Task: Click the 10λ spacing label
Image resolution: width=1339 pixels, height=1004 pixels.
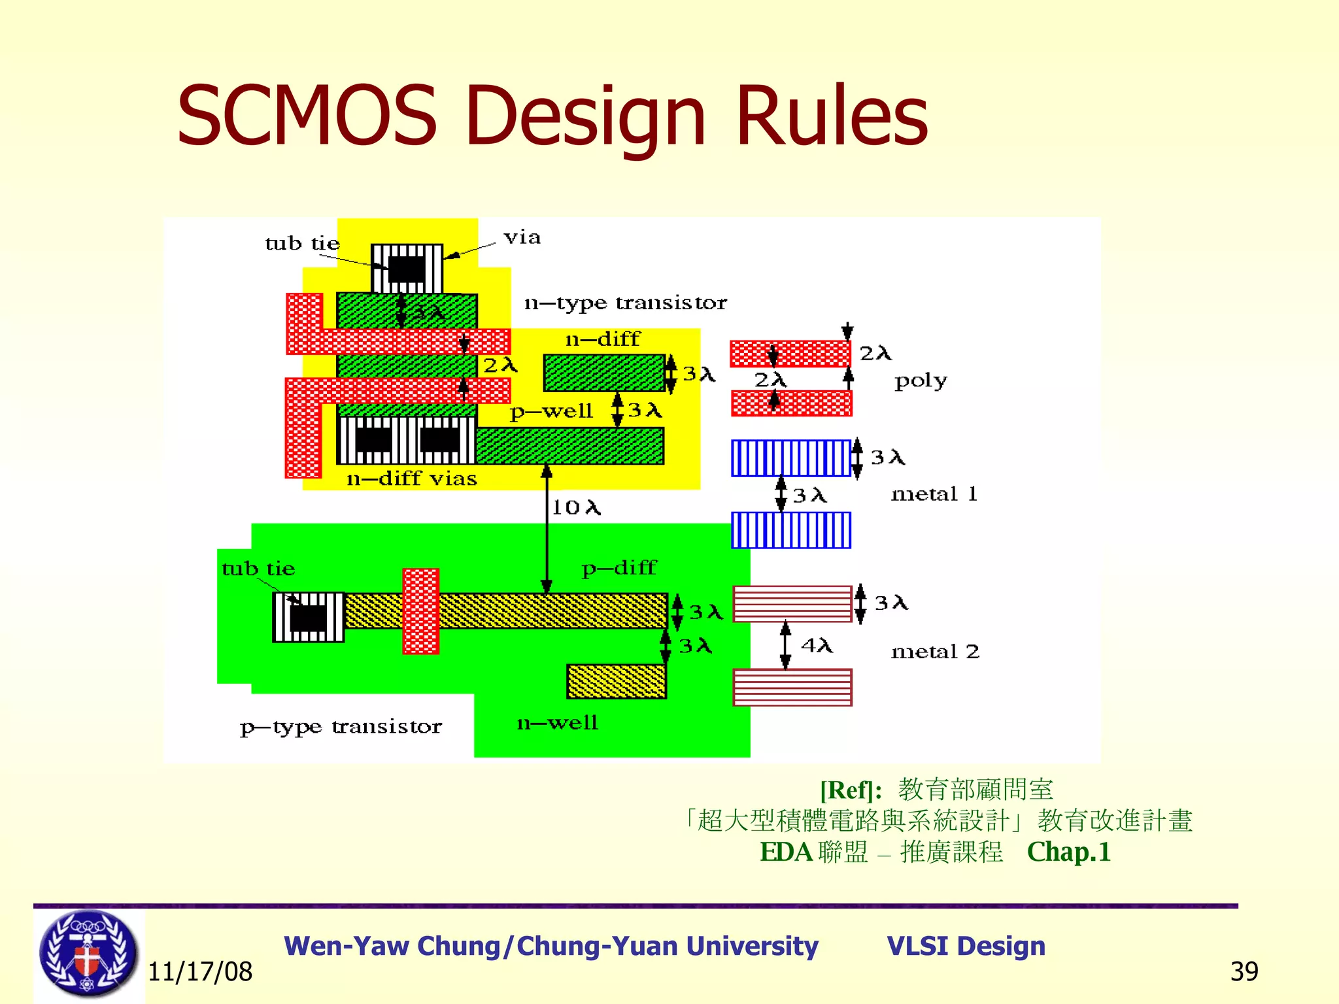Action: tap(575, 507)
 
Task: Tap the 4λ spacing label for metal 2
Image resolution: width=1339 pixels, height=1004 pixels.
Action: tap(817, 646)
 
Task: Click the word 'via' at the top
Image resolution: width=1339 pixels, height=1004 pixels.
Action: tap(522, 237)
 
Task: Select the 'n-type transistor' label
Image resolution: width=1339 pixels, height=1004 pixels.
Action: tap(625, 303)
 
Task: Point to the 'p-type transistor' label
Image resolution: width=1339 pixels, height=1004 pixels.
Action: tap(341, 727)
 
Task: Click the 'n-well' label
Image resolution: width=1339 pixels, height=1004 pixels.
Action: tap(557, 723)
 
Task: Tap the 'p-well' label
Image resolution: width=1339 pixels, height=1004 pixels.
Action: tap(551, 412)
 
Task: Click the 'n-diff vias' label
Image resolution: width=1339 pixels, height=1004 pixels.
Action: tap(411, 479)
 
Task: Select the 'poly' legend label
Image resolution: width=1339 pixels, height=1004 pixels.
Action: tap(921, 381)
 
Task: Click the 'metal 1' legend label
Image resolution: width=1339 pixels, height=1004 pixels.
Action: tap(934, 494)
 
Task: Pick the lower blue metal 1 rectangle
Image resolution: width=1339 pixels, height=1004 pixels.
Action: tap(791, 530)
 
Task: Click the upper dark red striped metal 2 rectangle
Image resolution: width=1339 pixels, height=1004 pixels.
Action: tap(792, 603)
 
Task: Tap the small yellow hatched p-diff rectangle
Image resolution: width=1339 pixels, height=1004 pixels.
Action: tap(616, 682)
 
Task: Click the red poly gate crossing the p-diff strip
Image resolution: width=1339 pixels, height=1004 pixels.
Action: tap(420, 611)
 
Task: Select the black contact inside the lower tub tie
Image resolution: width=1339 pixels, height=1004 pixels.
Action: tap(308, 618)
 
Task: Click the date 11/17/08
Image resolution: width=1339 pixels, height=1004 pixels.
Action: tap(200, 972)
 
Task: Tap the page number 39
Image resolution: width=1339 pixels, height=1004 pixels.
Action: tap(1244, 972)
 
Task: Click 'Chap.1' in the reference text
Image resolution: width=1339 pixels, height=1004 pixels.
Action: tap(1068, 852)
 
